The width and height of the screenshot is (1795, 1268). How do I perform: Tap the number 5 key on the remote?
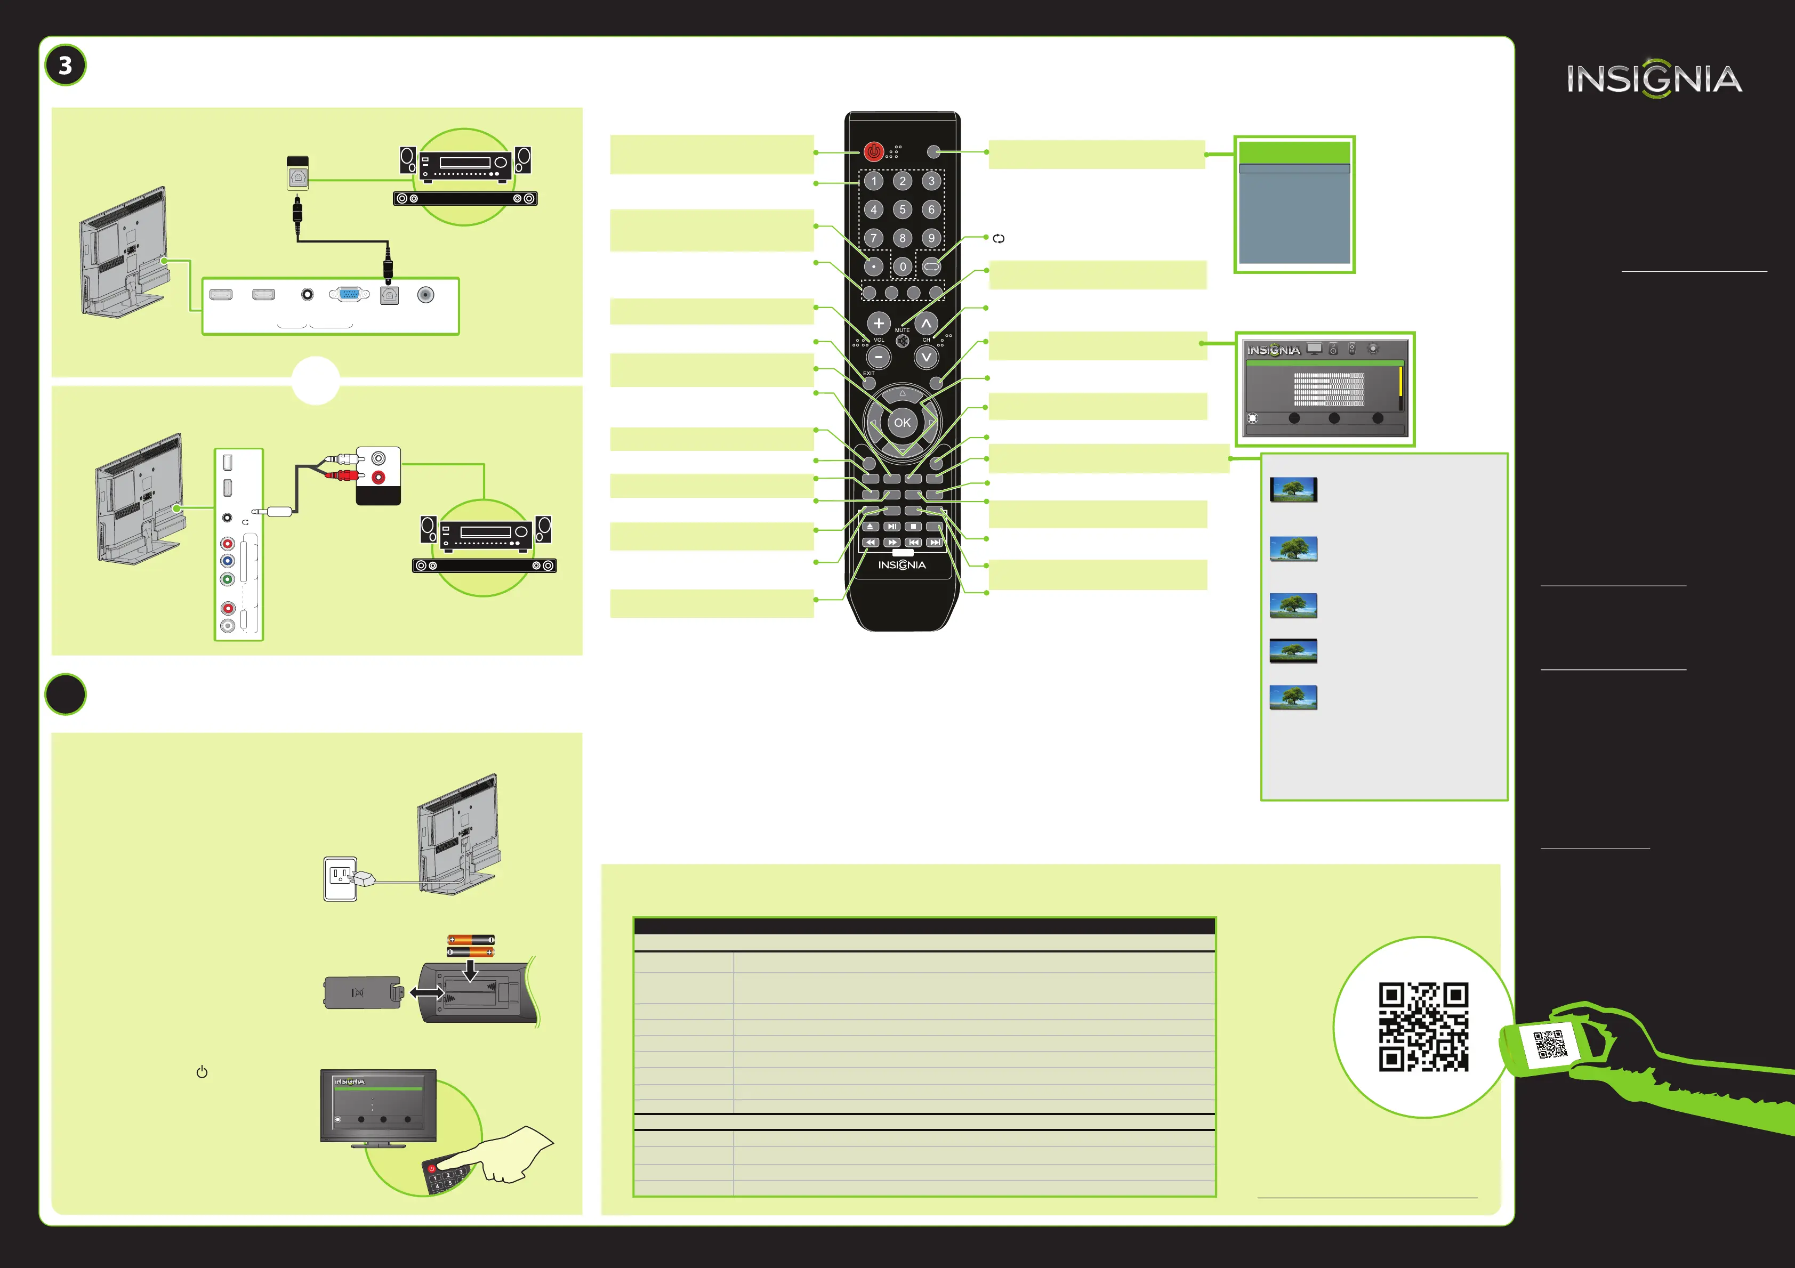pos(902,209)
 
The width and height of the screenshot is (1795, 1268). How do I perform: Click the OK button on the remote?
pos(902,423)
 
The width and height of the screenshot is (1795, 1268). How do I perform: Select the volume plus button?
pos(879,323)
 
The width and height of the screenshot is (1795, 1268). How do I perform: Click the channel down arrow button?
pos(927,357)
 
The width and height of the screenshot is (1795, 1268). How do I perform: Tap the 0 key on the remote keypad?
pos(902,266)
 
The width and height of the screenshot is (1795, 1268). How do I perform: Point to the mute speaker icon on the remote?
pos(902,341)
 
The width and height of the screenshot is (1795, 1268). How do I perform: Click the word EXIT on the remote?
pos(868,374)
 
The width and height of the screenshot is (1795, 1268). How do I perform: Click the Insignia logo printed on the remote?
pos(902,564)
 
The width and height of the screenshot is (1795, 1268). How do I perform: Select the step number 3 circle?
pos(66,66)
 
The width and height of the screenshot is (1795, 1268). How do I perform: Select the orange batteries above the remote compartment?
pos(471,946)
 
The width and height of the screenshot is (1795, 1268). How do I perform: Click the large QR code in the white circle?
pos(1423,1027)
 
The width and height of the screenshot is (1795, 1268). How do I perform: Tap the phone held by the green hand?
pos(1550,1045)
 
